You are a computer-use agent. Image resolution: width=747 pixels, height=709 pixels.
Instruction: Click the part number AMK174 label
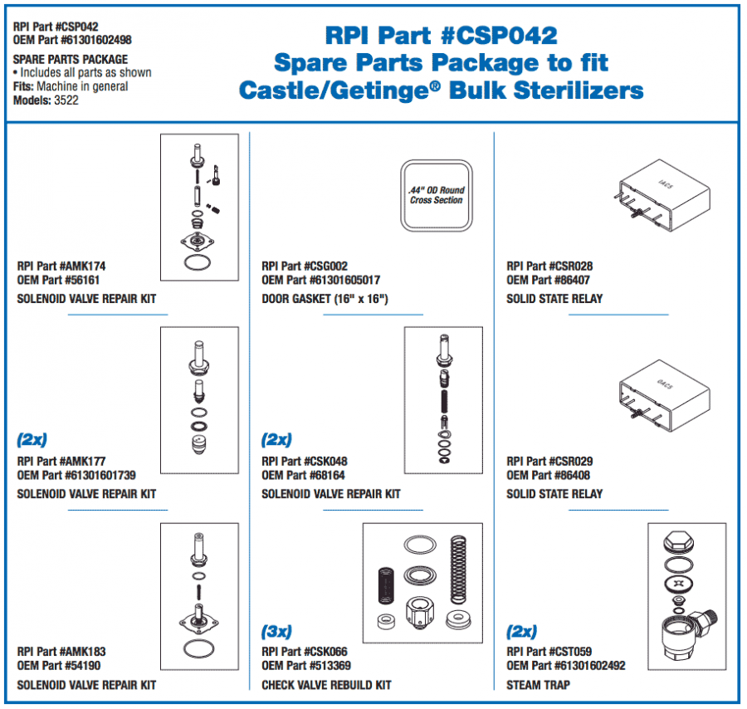tap(61, 266)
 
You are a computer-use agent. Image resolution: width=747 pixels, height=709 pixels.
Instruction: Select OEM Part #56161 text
tap(57, 281)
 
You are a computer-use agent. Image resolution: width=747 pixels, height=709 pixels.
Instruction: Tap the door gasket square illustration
tap(437, 195)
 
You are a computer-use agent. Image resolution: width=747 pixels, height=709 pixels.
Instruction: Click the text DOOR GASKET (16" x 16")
tap(325, 298)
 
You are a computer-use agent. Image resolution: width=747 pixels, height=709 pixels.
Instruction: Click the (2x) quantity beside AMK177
tap(32, 439)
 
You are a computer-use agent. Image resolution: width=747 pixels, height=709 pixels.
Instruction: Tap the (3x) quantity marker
tap(277, 631)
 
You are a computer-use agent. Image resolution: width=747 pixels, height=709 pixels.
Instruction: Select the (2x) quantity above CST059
tap(522, 631)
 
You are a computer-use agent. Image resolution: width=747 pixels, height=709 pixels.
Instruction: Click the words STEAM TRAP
tap(539, 685)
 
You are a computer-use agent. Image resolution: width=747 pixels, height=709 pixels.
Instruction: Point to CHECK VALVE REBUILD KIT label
tap(326, 685)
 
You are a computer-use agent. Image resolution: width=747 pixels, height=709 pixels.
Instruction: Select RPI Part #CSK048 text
tap(305, 462)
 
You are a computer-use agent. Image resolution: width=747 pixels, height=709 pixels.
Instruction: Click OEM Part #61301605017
tap(321, 281)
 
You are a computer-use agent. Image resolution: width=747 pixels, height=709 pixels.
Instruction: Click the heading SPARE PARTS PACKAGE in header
tap(71, 60)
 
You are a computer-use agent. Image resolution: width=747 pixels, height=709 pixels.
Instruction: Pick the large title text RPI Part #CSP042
tap(441, 36)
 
